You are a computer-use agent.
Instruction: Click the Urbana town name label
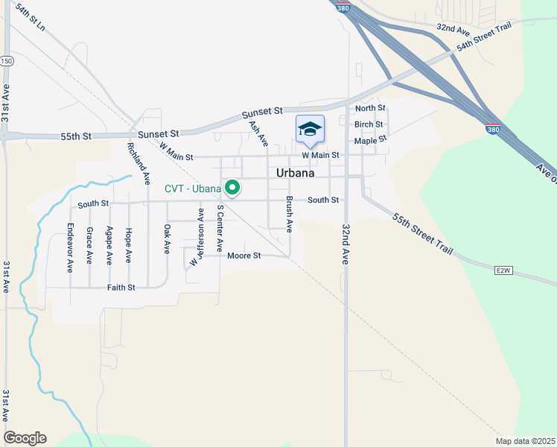295,173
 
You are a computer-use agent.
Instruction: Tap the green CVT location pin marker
232,188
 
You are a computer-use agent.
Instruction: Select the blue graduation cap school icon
310,130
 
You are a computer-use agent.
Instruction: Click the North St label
370,109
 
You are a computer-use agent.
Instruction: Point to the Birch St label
369,124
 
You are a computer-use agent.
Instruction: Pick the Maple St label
371,140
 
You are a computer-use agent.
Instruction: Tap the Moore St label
244,256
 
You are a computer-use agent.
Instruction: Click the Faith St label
121,287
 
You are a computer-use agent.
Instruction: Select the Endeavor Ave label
71,247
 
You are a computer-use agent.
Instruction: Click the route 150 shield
7,60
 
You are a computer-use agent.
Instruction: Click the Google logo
25,438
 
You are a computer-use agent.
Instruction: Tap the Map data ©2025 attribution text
525,441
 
